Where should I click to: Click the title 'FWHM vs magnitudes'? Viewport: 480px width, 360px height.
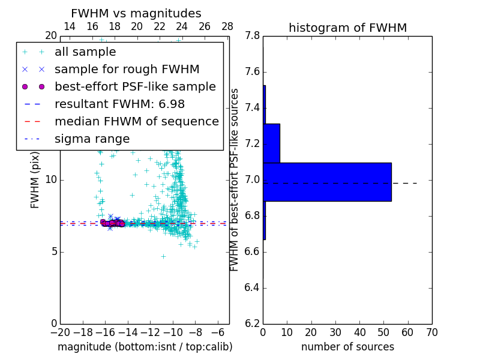pos(136,14)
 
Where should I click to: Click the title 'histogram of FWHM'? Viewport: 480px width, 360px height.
pos(347,28)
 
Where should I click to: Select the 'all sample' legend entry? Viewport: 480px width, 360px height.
pos(85,52)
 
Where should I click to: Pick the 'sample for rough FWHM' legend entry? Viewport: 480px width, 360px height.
pos(127,70)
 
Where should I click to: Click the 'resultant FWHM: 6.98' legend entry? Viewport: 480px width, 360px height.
pos(119,104)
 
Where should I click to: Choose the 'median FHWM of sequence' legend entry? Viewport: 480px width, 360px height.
pos(136,122)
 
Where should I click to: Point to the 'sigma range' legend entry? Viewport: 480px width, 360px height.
pos(92,139)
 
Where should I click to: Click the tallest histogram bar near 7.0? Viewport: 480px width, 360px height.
pos(327,182)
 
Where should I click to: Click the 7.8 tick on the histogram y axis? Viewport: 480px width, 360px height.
pos(253,37)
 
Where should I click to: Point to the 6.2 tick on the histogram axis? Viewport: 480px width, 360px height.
pos(253,323)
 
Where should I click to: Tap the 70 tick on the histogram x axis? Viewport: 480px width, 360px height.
pos(431,332)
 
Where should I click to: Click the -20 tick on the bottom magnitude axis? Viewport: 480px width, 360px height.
pos(60,332)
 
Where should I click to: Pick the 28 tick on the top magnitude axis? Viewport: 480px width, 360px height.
pos(227,27)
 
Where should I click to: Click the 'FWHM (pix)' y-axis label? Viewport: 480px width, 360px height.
pos(35,180)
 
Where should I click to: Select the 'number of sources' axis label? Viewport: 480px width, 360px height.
pos(347,347)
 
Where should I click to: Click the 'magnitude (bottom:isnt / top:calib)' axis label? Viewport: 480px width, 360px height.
pos(145,347)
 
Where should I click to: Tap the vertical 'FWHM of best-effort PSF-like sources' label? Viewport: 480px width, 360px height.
pos(235,180)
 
